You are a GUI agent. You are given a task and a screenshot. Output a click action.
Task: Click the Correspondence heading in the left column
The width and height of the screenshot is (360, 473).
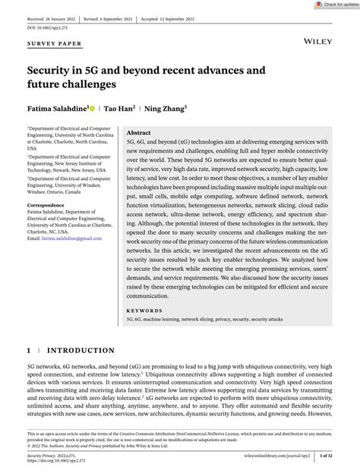[47, 205]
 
